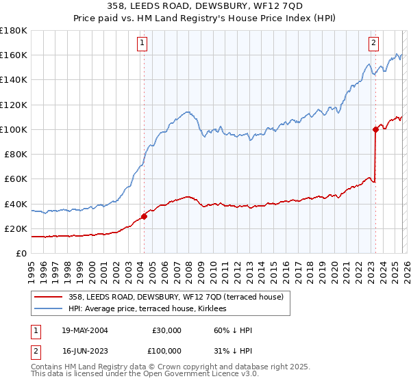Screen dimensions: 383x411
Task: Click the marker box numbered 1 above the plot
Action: pyautogui.click(x=142, y=43)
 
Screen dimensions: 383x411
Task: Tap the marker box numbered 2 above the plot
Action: pyautogui.click(x=374, y=43)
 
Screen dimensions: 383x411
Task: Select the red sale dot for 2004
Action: pyautogui.click(x=144, y=216)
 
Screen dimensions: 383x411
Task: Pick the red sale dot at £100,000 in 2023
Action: pyautogui.click(x=375, y=129)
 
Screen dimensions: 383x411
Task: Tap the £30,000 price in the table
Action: pyautogui.click(x=166, y=330)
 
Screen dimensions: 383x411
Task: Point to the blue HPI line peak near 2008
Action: pyautogui.click(x=186, y=111)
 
